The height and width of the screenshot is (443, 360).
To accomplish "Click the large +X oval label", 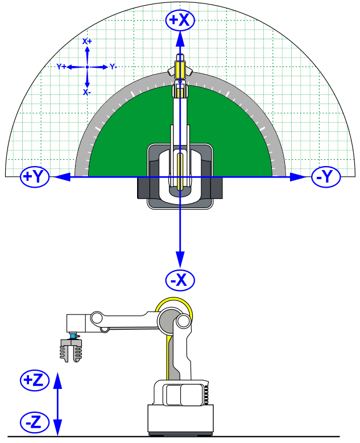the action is pyautogui.click(x=180, y=20).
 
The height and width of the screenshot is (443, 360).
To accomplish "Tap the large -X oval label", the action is pyautogui.click(x=180, y=280).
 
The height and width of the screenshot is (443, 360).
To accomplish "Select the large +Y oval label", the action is pyautogui.click(x=35, y=177).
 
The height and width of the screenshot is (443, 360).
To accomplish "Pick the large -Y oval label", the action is pyautogui.click(x=326, y=177).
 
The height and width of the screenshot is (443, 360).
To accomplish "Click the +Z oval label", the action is pyautogui.click(x=35, y=380).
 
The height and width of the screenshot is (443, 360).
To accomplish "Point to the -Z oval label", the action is pyautogui.click(x=35, y=423).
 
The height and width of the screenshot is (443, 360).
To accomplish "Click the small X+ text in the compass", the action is pyautogui.click(x=87, y=42).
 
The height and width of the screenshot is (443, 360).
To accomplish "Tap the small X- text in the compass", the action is pyautogui.click(x=87, y=92).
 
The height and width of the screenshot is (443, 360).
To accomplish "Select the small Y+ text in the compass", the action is pyautogui.click(x=61, y=67).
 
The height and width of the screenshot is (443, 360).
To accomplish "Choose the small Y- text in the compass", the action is pyautogui.click(x=113, y=67).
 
